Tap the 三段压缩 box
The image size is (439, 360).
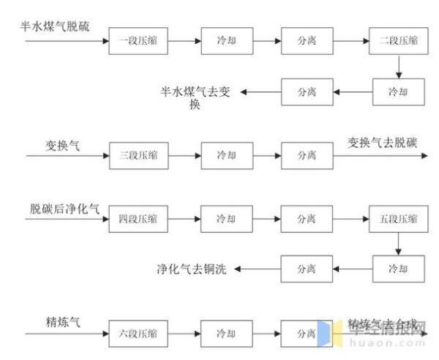coord(138,155)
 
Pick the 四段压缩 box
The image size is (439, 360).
coord(138,219)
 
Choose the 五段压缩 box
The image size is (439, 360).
coord(398,219)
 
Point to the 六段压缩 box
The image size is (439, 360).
coord(138,333)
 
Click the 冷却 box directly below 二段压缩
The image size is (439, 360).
coord(398,92)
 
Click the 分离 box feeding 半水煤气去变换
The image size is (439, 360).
coord(307,92)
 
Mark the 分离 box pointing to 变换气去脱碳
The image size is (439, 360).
coord(307,155)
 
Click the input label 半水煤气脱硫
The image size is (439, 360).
coord(56,27)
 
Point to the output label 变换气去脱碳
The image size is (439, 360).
coord(385,143)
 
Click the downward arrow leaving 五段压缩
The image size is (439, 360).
coord(398,244)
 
